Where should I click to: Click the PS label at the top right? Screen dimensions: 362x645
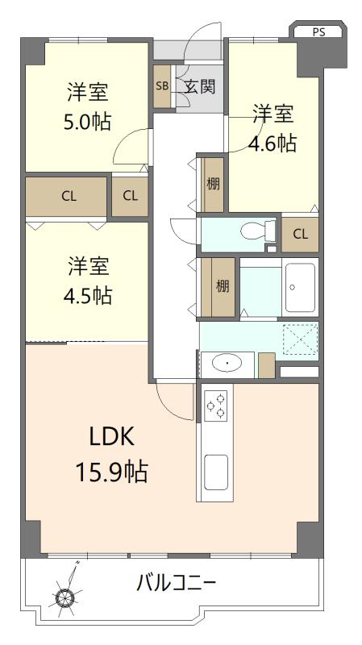(318, 32)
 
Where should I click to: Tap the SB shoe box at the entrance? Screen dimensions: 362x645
(162, 86)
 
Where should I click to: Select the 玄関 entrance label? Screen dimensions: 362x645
(199, 86)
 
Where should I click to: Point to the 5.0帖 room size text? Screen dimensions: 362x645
(87, 122)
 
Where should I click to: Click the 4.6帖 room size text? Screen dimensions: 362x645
(273, 144)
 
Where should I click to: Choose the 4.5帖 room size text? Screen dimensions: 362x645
(87, 294)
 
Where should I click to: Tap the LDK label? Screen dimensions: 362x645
(112, 439)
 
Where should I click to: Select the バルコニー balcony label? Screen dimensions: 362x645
(176, 583)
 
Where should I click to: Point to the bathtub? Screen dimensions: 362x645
(300, 287)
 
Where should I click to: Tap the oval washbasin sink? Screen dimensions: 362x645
(227, 364)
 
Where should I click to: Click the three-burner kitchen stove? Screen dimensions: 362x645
(216, 406)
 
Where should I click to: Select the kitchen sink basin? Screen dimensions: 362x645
(216, 472)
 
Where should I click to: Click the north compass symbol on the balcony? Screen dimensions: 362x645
(66, 594)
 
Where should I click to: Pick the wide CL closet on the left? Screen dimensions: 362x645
(66, 196)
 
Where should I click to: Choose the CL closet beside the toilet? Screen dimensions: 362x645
(300, 235)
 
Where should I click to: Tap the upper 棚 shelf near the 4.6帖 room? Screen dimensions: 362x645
(213, 185)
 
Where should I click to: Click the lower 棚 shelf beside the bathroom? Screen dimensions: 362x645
(223, 287)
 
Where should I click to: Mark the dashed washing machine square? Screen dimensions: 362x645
(301, 339)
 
